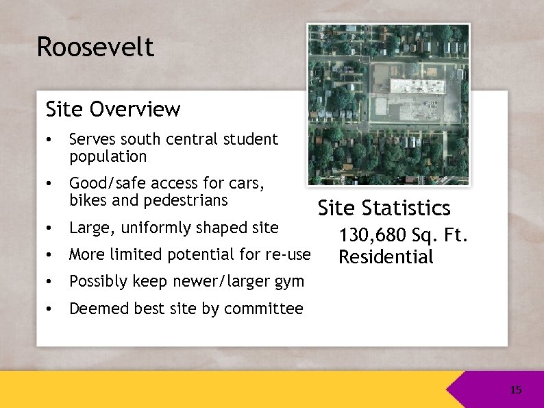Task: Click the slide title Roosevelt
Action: click(x=95, y=47)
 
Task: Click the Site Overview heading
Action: click(x=113, y=109)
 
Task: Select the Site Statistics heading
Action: click(x=384, y=208)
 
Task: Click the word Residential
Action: click(x=386, y=258)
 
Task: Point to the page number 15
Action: click(x=516, y=390)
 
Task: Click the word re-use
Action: click(x=288, y=254)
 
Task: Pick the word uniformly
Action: click(x=157, y=228)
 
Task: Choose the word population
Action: click(x=108, y=157)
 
